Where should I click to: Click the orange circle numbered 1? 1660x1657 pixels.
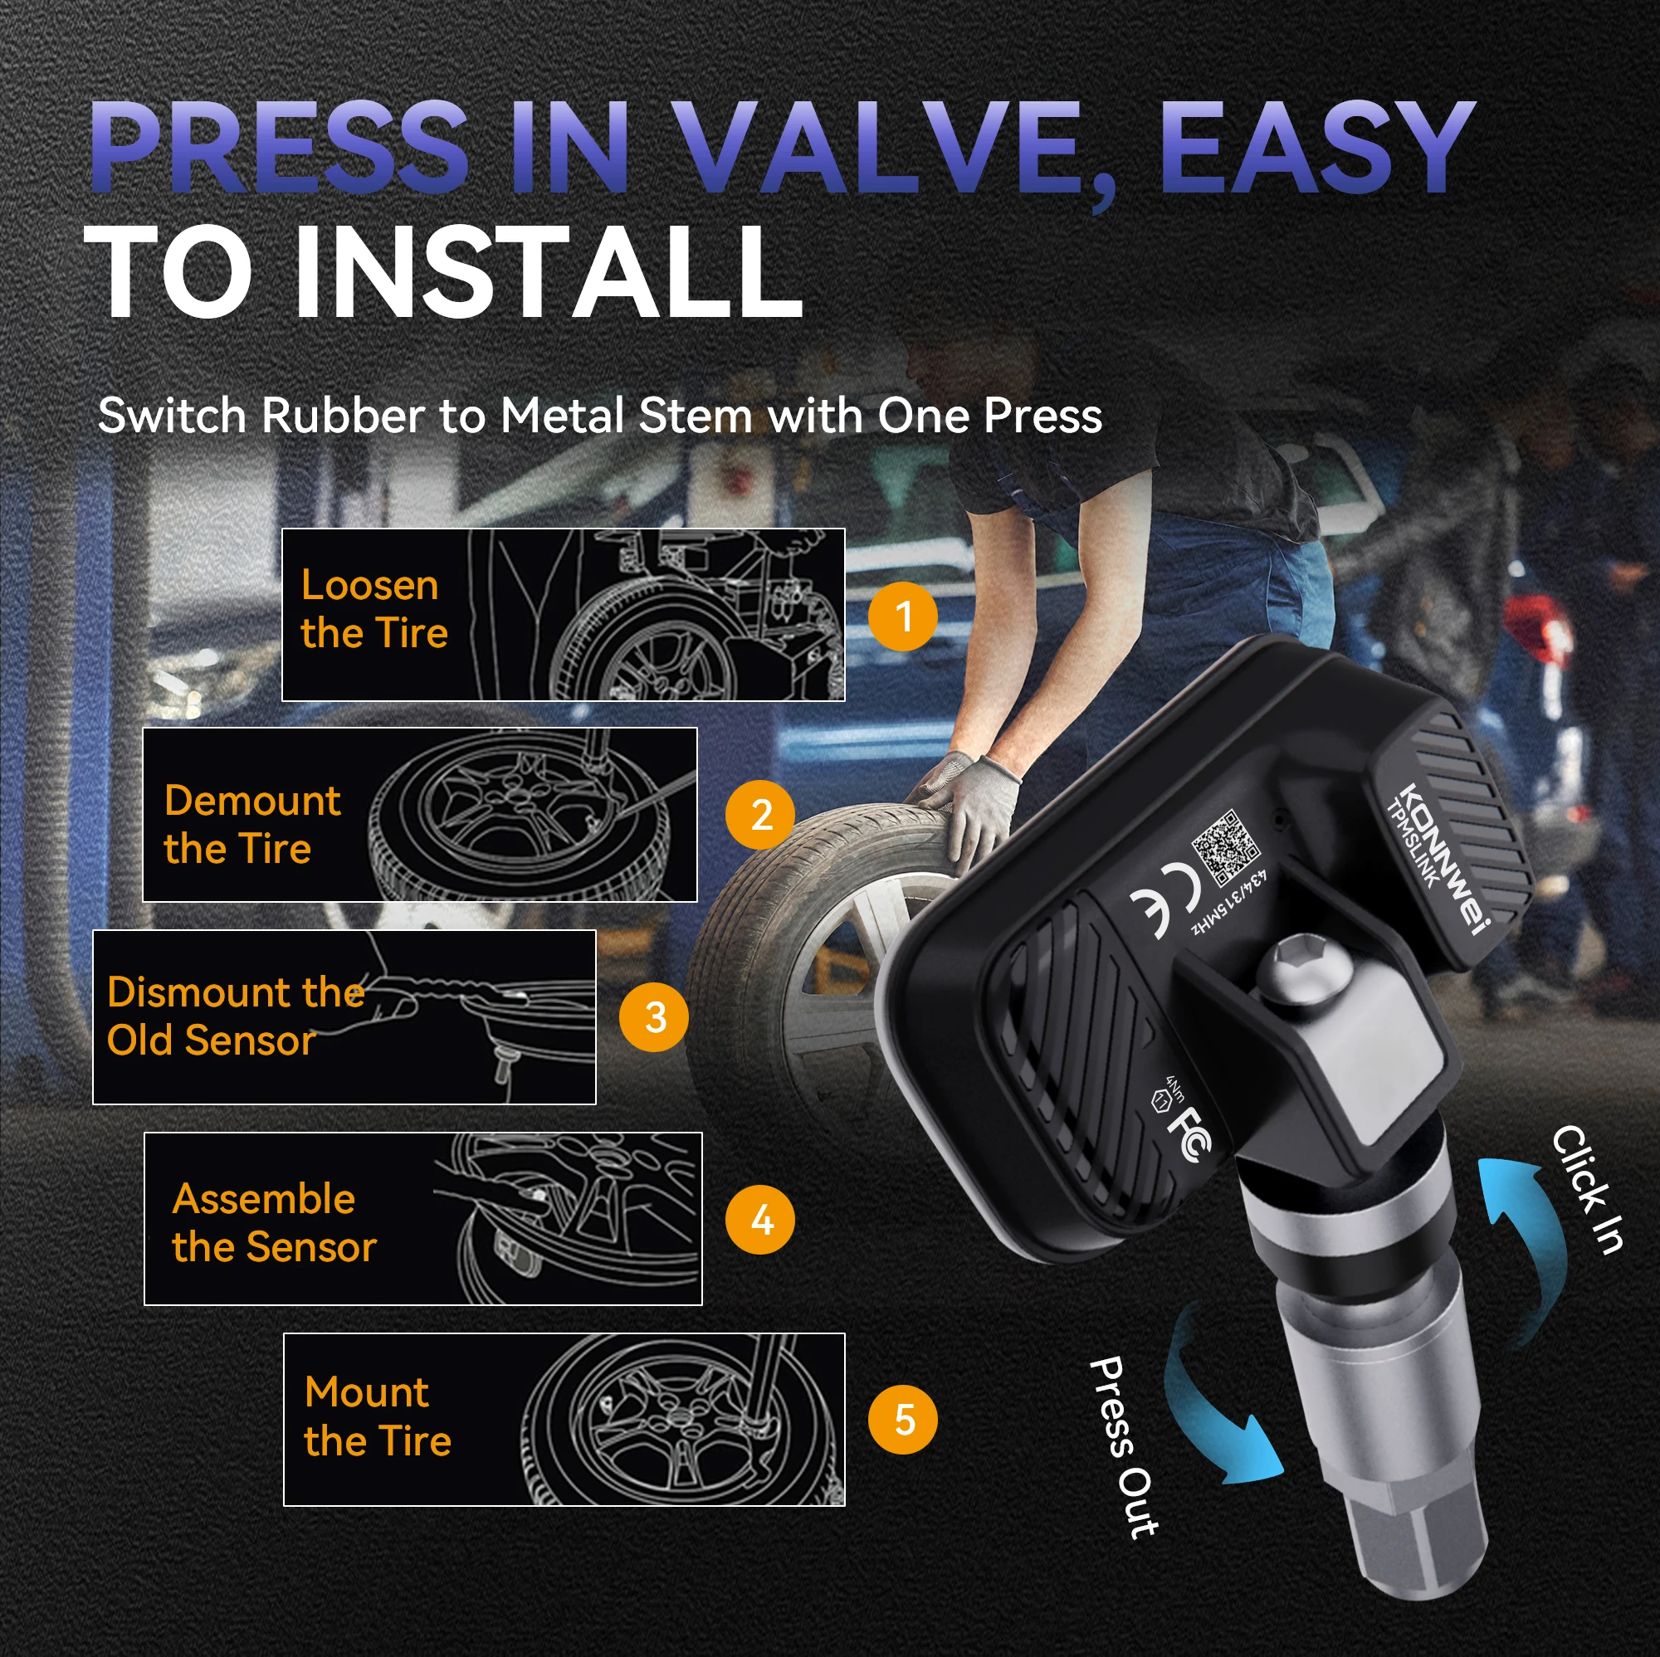(902, 616)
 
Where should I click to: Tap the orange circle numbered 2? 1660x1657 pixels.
(760, 814)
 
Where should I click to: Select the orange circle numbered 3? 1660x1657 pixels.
(654, 1017)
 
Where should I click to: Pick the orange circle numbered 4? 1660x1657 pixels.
(760, 1219)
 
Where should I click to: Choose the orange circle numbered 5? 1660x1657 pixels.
(902, 1419)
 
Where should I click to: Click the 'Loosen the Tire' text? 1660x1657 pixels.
(373, 609)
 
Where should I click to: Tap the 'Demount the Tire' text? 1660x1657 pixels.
(251, 825)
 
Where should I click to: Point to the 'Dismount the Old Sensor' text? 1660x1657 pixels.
(236, 1016)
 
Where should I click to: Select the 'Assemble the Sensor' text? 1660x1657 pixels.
(274, 1223)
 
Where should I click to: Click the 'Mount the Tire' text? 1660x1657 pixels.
(377, 1416)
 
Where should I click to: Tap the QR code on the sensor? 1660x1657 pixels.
(1226, 848)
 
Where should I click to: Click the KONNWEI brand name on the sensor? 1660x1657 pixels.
(1445, 860)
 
